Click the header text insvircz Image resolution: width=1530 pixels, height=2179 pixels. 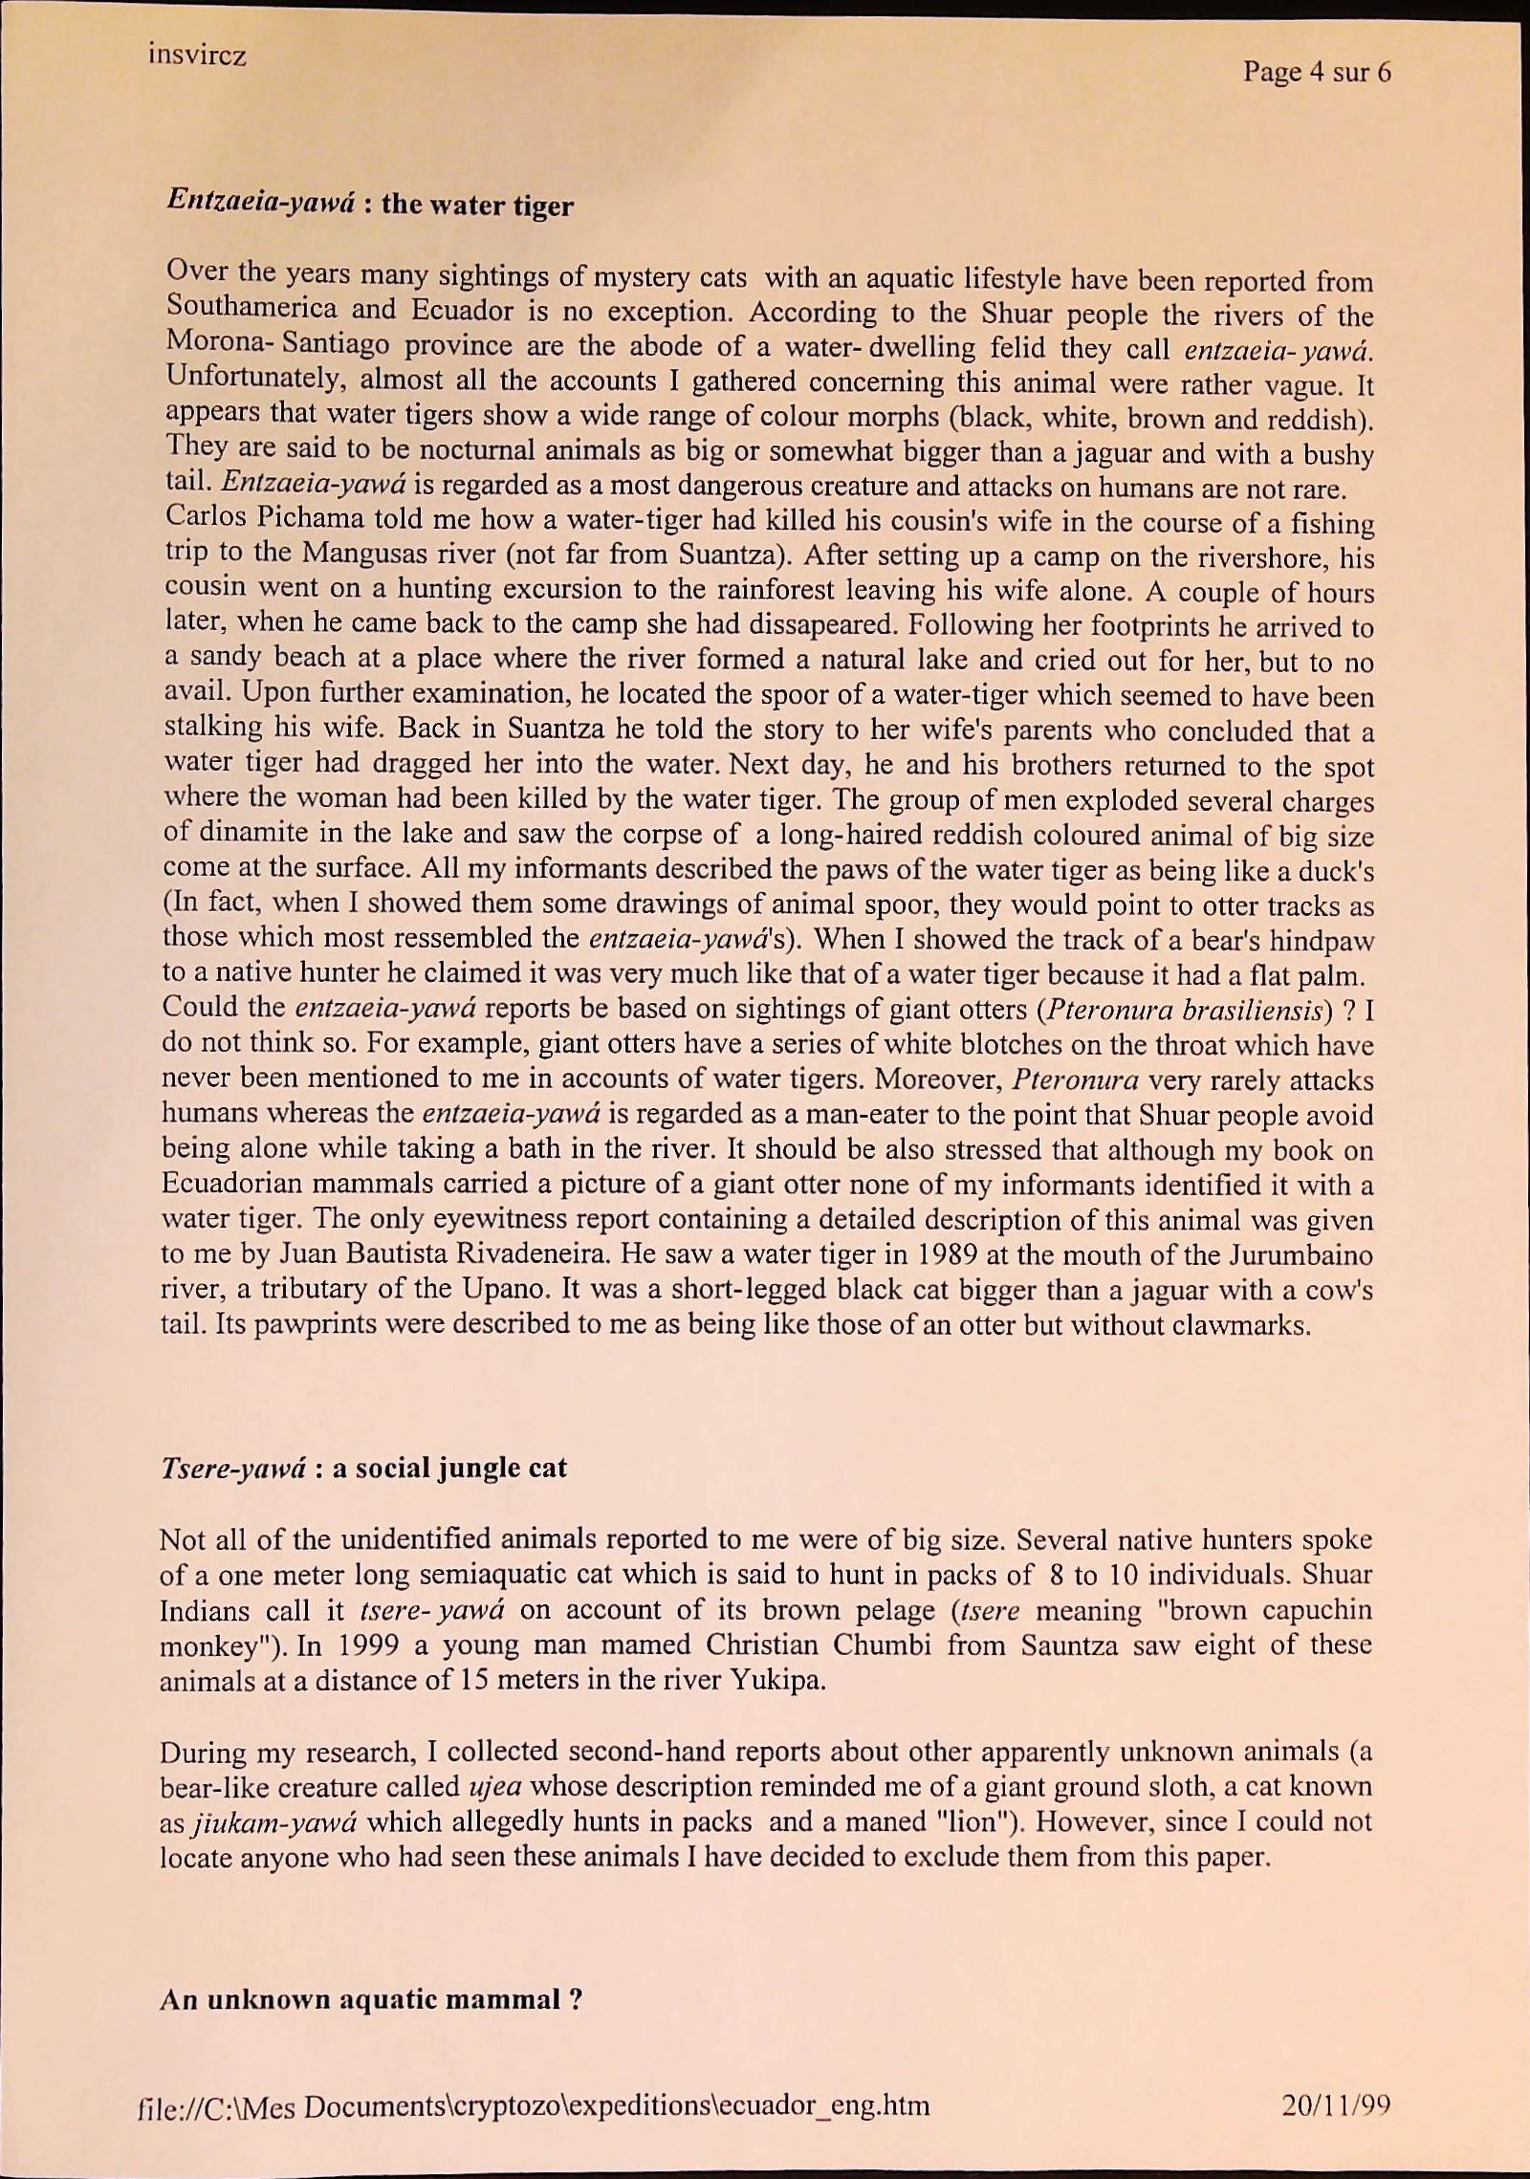tap(197, 55)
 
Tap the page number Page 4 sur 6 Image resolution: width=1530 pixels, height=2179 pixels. tap(1317, 72)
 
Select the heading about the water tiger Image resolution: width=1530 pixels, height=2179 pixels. tap(370, 203)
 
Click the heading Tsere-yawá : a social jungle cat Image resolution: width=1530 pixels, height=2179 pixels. tap(363, 1468)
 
